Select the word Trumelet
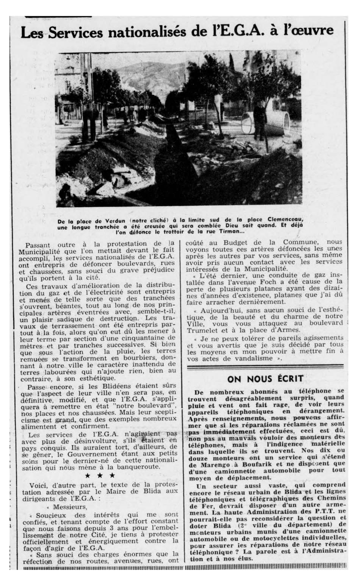(x=203, y=329)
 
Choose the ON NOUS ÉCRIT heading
(x=265, y=379)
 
